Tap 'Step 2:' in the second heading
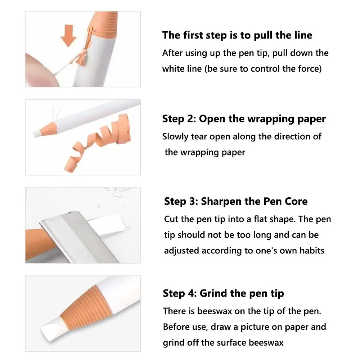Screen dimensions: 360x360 179,119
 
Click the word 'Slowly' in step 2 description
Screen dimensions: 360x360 175,137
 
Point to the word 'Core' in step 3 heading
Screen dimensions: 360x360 296,201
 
